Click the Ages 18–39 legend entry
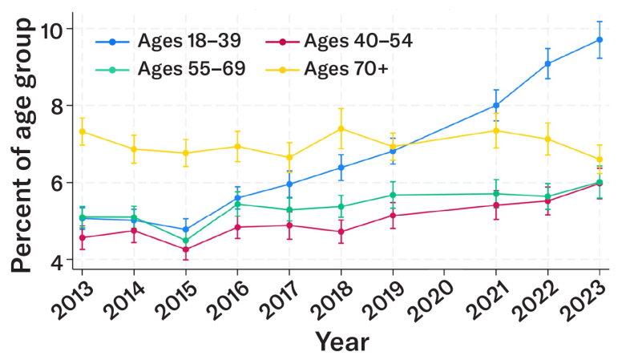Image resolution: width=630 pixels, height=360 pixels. click(160, 42)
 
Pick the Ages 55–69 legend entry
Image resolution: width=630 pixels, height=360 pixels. click(160, 71)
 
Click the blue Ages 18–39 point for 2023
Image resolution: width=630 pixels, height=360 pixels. click(600, 39)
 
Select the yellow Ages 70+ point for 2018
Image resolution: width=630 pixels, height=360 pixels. click(341, 128)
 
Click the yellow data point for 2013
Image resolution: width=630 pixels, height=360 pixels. click(83, 131)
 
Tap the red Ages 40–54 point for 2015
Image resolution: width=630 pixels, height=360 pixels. click(186, 249)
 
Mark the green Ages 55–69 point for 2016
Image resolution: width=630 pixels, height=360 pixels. click(237, 204)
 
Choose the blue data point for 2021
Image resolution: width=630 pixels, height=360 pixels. click(496, 105)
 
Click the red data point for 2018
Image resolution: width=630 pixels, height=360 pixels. click(341, 232)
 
